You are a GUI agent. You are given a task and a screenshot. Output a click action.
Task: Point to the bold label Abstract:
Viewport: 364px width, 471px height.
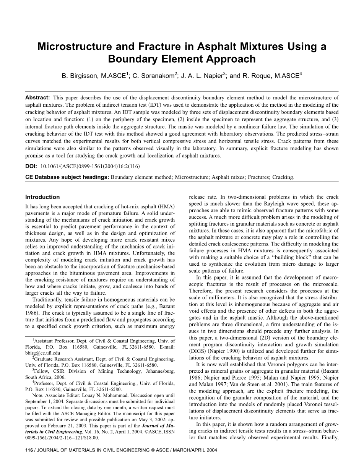point(37,98)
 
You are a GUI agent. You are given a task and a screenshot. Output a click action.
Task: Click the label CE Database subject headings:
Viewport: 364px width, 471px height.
point(67,177)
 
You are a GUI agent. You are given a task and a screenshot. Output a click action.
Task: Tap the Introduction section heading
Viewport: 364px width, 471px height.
point(42,197)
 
